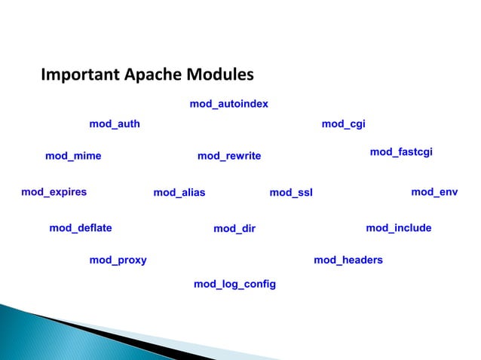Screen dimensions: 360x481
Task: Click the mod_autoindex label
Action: click(x=228, y=104)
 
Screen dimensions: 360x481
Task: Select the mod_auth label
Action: click(x=115, y=124)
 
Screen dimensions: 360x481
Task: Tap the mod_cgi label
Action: click(x=343, y=124)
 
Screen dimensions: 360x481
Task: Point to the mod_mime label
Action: click(x=73, y=157)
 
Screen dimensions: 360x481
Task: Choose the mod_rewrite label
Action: click(x=228, y=157)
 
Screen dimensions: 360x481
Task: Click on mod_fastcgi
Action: click(x=400, y=152)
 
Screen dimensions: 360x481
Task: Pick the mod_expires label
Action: click(x=54, y=192)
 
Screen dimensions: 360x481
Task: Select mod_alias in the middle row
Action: click(x=179, y=193)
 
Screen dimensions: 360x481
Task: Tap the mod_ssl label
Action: click(x=291, y=193)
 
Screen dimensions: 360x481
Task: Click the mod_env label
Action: click(x=434, y=192)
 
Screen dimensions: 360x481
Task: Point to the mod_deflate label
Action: click(x=80, y=227)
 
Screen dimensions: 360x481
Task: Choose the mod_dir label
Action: click(x=234, y=228)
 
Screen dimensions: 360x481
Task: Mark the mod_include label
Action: click(x=398, y=227)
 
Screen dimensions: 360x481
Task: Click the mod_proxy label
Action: click(x=118, y=261)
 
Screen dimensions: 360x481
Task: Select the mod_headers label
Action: click(x=348, y=261)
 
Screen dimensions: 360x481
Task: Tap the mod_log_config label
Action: click(x=234, y=284)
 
